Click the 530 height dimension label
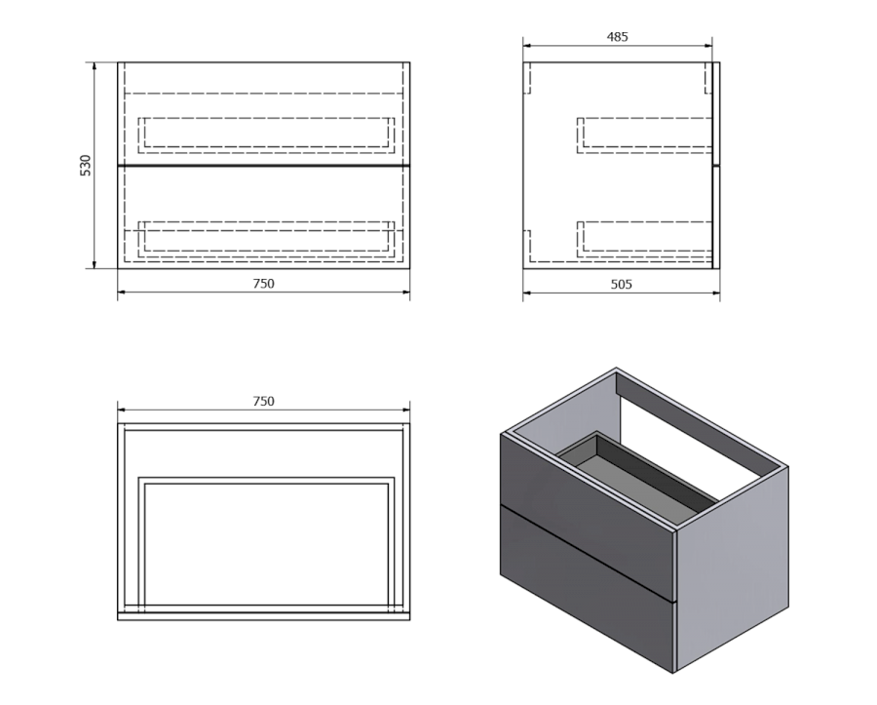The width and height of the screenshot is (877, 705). click(x=86, y=166)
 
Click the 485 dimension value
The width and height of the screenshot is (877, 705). click(x=618, y=37)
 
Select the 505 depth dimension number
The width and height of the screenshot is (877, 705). click(x=621, y=284)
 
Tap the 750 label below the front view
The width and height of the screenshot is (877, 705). click(x=263, y=284)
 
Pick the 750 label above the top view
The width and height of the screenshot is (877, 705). click(x=263, y=401)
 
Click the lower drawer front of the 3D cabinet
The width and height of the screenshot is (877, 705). click(x=587, y=587)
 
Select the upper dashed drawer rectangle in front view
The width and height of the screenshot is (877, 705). click(x=266, y=135)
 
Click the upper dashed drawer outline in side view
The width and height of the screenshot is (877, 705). click(x=644, y=135)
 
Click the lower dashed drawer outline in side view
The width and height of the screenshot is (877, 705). click(x=644, y=239)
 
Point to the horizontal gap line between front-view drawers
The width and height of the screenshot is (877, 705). click(x=263, y=166)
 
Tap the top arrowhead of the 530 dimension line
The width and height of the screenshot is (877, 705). click(x=94, y=63)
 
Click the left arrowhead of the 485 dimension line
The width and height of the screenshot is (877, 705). click(x=524, y=46)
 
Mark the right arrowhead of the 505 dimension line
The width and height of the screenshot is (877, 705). click(x=719, y=293)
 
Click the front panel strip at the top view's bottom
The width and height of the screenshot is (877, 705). click(x=263, y=616)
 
